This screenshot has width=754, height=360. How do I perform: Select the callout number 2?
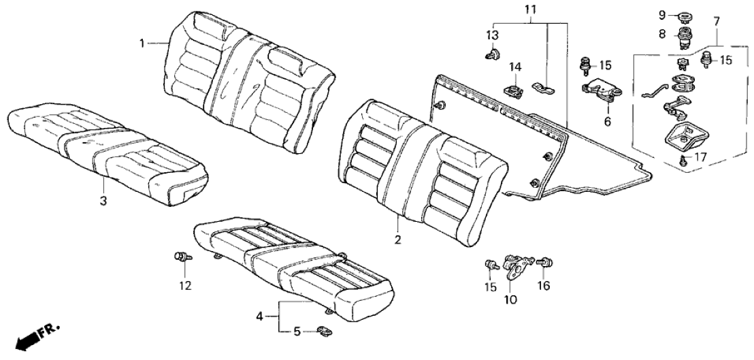tap(398, 240)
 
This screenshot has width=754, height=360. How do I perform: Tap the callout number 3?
tap(103, 201)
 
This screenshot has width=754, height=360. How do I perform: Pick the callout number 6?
tap(607, 122)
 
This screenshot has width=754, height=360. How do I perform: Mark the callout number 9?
tap(661, 14)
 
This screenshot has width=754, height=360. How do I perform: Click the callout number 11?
tap(531, 9)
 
